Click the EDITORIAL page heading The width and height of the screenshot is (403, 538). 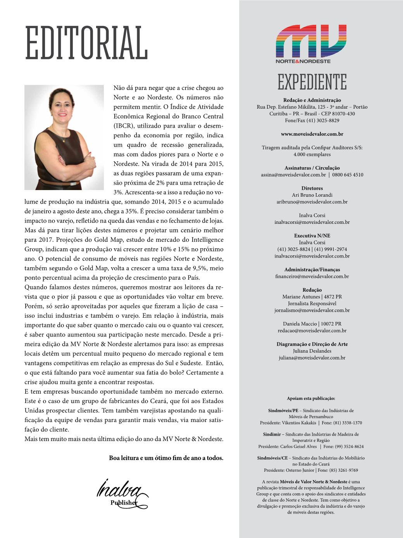pos(86,43)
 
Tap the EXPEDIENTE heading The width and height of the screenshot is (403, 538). pos(312,82)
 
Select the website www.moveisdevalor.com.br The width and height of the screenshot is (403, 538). pos(312,134)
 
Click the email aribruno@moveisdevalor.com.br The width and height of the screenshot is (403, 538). pos(312,202)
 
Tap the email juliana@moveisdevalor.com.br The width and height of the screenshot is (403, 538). pos(312,358)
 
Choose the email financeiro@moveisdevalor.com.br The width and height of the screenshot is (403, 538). pos(312,276)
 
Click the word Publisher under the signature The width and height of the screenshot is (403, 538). pos(124,503)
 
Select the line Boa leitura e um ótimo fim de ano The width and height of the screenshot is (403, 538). pos(166,458)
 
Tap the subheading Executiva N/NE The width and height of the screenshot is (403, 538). pos(312,235)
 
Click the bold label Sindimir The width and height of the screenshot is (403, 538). pos(272,434)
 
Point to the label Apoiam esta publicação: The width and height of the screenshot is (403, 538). pos(311,398)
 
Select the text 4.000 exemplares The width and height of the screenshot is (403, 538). pos(312,154)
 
